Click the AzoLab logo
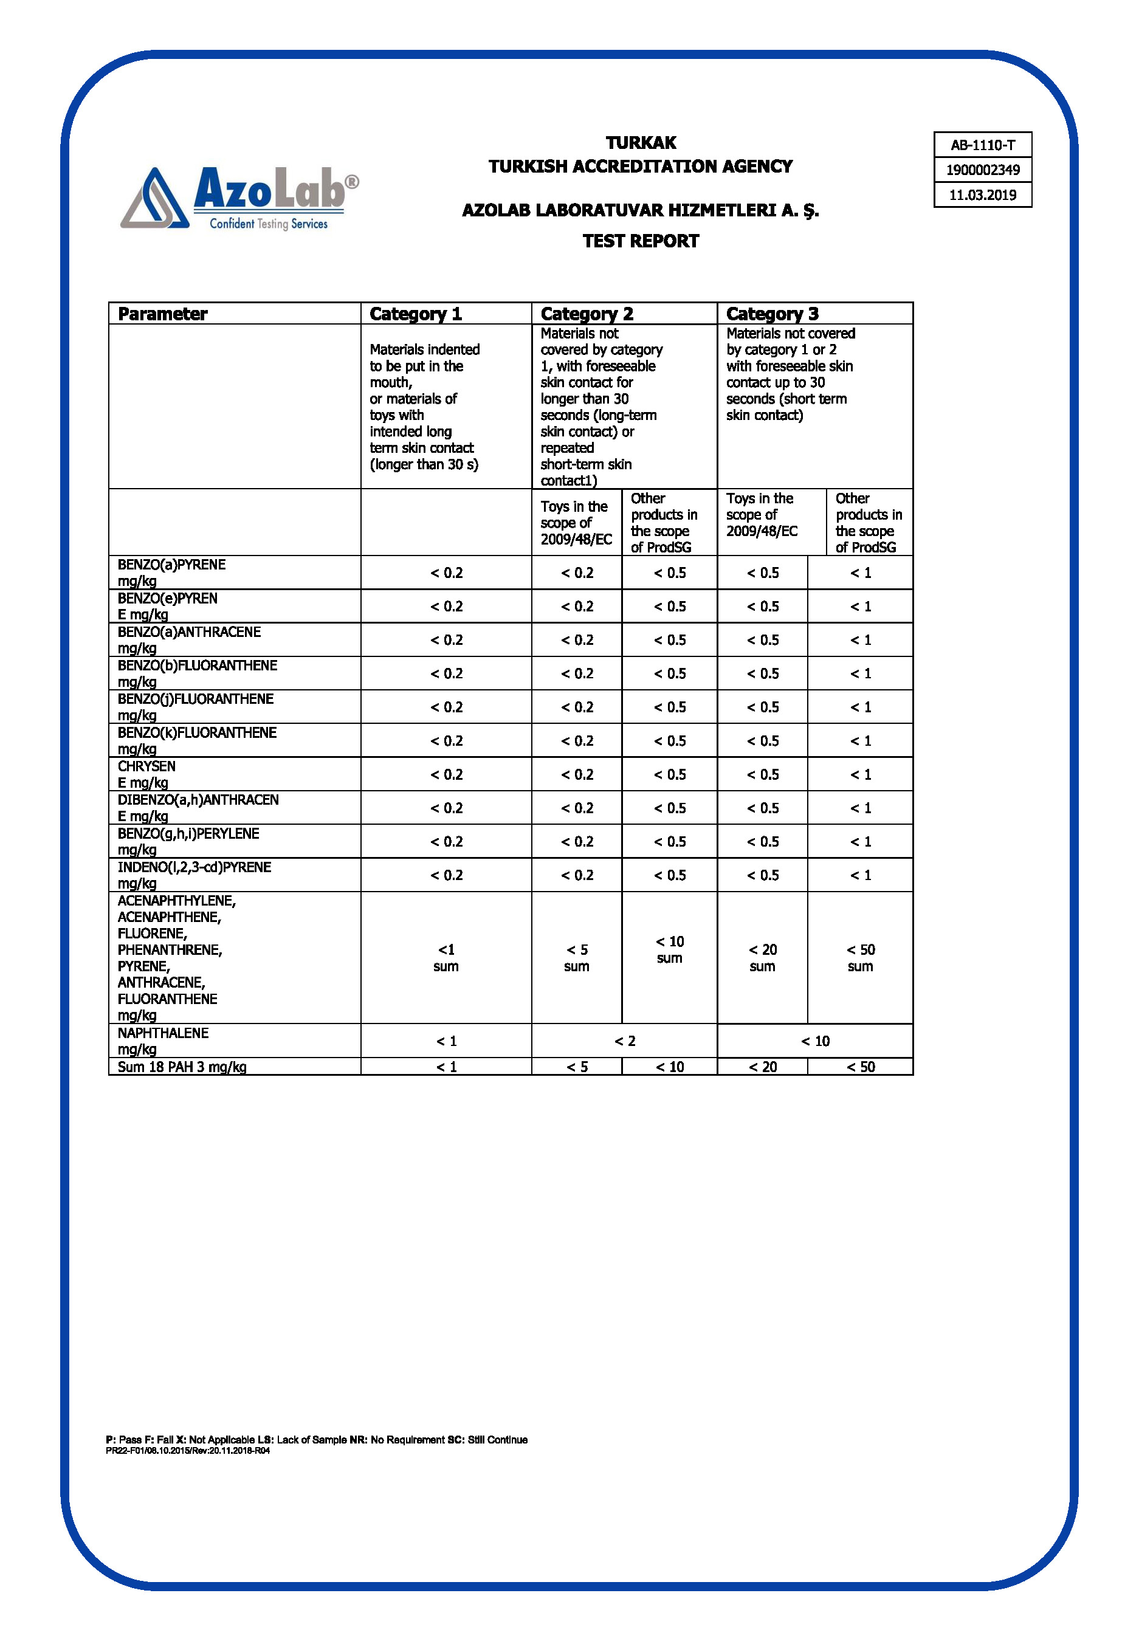point(239,198)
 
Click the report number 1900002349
point(982,170)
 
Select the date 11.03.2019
point(982,194)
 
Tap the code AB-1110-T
point(982,145)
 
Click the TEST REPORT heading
point(640,241)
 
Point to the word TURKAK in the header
point(640,143)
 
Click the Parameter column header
point(163,314)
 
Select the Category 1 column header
point(415,314)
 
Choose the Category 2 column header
point(587,314)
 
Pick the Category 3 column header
point(772,314)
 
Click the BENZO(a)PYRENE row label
point(171,572)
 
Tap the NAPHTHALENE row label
point(163,1041)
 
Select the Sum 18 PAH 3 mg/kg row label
point(182,1067)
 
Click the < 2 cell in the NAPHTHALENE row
point(624,1041)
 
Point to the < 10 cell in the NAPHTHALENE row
point(815,1041)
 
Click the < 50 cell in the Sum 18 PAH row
point(860,1067)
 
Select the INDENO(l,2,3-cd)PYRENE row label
point(194,875)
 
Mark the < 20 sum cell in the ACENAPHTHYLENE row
point(762,957)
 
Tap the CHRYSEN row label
point(146,774)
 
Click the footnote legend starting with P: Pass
point(316,1440)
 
